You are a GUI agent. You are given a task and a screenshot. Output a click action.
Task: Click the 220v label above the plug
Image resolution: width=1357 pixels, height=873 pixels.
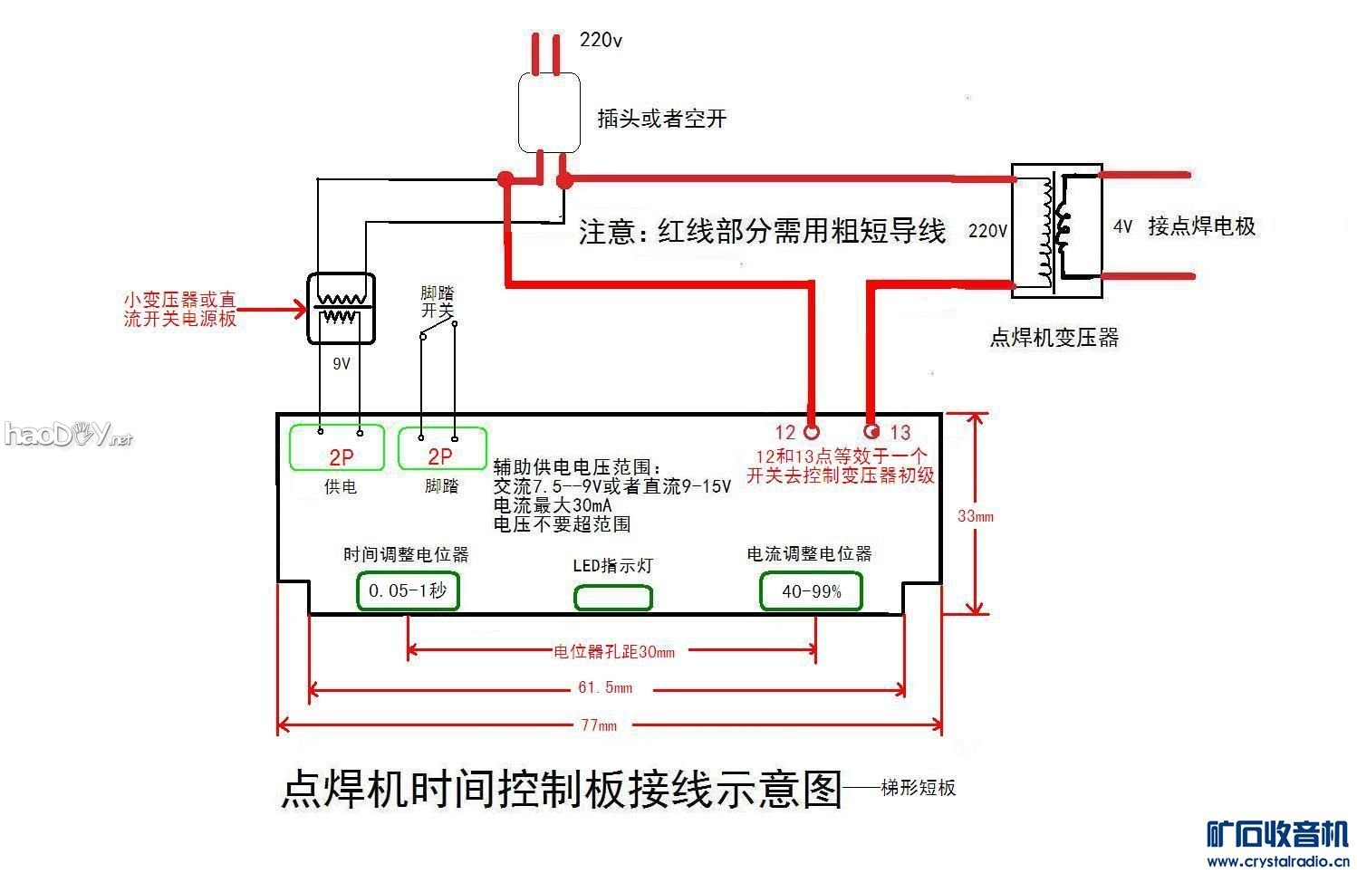pyautogui.click(x=601, y=40)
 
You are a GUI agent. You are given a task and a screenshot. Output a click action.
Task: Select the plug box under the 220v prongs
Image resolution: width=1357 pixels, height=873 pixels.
pyautogui.click(x=549, y=112)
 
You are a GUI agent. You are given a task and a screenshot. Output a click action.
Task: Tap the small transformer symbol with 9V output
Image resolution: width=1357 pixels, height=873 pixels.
pyautogui.click(x=341, y=309)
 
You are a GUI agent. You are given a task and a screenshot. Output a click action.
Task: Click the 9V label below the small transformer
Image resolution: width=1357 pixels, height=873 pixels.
pyautogui.click(x=342, y=364)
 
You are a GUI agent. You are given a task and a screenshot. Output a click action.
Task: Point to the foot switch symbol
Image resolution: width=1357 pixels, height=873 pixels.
pyautogui.click(x=438, y=331)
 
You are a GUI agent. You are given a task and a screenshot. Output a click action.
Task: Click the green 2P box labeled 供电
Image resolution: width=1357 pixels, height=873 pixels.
pyautogui.click(x=342, y=447)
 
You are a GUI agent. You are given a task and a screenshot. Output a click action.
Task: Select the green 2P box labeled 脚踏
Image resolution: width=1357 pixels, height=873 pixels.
pyautogui.click(x=442, y=448)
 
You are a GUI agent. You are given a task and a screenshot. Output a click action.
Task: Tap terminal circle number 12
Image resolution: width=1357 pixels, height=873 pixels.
pyautogui.click(x=812, y=431)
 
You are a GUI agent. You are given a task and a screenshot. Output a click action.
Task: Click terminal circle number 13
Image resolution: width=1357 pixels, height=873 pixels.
pyautogui.click(x=872, y=431)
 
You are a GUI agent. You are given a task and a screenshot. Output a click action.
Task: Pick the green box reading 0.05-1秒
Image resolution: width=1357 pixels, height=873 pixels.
pyautogui.click(x=408, y=590)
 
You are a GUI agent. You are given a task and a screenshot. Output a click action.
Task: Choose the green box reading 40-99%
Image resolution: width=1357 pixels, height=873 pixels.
pyautogui.click(x=811, y=591)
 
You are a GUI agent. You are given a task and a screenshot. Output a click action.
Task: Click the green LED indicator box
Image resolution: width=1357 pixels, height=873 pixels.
pyautogui.click(x=613, y=598)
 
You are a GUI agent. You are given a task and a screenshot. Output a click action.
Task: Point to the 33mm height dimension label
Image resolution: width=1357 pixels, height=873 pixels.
pyautogui.click(x=976, y=516)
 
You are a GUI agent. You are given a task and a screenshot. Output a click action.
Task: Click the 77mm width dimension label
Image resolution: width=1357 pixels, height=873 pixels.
pyautogui.click(x=598, y=724)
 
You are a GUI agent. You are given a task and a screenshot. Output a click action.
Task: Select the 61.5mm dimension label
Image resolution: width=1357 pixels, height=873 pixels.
pyautogui.click(x=605, y=688)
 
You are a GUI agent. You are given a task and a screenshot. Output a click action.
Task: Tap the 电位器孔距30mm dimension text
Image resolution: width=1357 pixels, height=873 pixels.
pyautogui.click(x=613, y=651)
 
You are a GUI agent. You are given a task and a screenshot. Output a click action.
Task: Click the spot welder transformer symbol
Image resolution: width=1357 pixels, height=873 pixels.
pyautogui.click(x=1056, y=231)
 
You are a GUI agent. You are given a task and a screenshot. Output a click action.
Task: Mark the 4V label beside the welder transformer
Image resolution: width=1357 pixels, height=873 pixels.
pyautogui.click(x=1122, y=226)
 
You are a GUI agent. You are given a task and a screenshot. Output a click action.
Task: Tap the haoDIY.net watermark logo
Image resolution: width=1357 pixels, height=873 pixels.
pyautogui.click(x=68, y=435)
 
